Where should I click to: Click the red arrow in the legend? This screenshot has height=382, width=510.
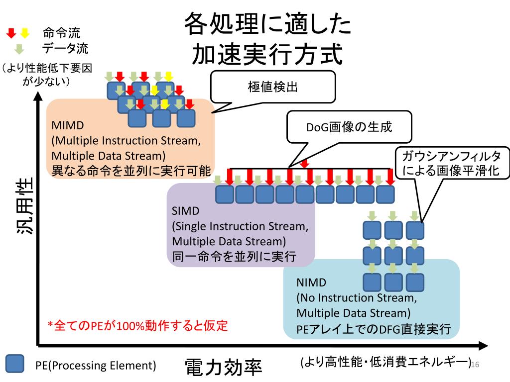click(11, 33)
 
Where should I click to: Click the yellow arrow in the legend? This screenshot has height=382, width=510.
click(25, 33)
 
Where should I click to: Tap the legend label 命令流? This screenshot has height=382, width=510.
click(61, 33)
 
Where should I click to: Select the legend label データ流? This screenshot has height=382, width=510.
click(65, 48)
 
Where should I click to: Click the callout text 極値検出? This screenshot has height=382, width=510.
click(272, 87)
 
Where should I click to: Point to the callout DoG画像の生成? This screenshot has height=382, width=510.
click(349, 127)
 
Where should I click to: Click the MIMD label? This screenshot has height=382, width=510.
click(68, 125)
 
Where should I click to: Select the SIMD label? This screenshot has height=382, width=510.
click(185, 211)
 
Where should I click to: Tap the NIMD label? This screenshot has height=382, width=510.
click(311, 283)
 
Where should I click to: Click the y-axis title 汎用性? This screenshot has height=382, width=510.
click(25, 205)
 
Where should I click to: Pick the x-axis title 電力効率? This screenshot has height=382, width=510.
click(224, 368)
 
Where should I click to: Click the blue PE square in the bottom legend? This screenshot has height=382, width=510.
click(14, 364)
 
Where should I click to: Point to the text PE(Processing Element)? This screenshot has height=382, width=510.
click(96, 366)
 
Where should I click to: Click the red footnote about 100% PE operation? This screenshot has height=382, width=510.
click(137, 325)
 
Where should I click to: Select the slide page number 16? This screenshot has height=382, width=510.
click(475, 365)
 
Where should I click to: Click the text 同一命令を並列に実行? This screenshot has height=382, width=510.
click(234, 257)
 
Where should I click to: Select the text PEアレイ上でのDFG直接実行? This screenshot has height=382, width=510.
click(374, 329)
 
